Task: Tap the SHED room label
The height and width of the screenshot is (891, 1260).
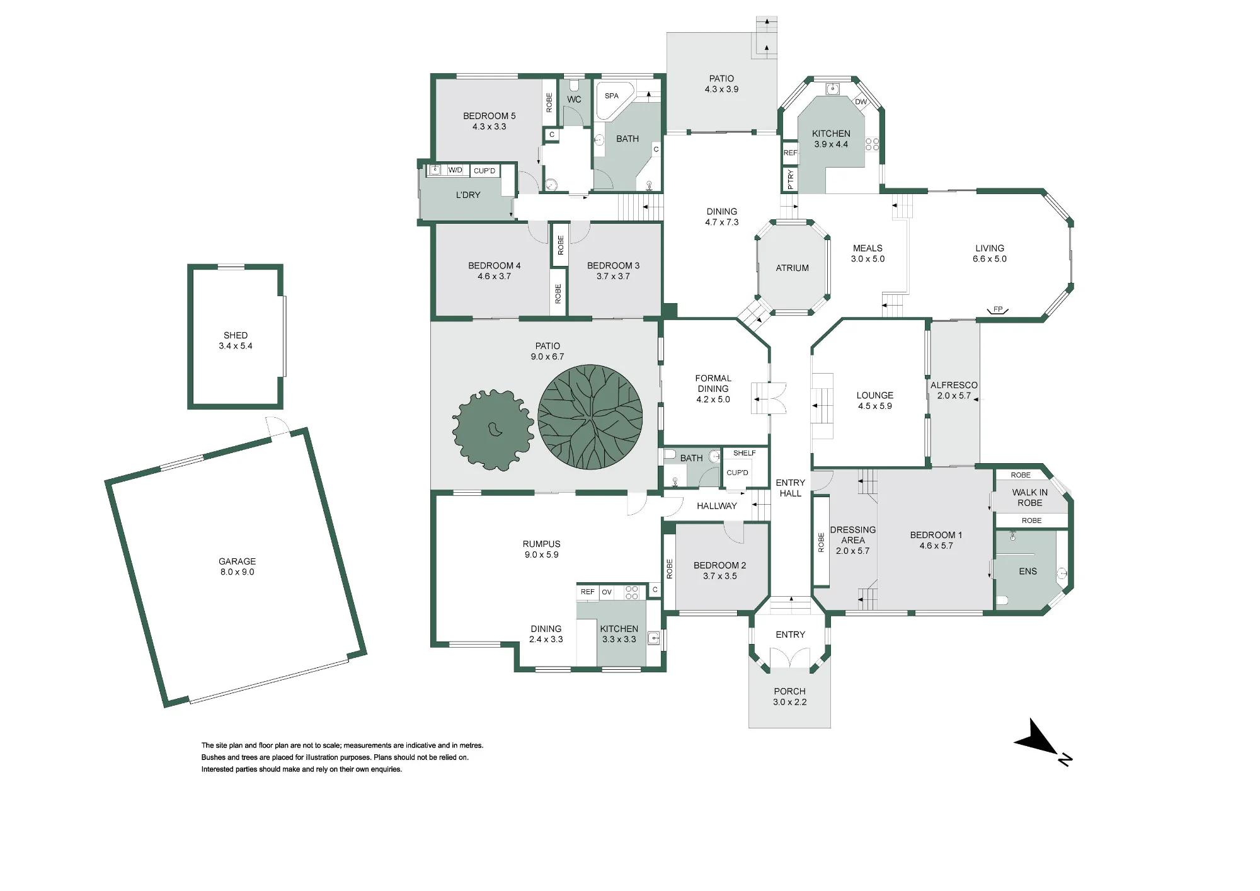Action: click(x=236, y=335)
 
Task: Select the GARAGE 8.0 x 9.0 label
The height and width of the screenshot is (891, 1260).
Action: click(x=237, y=566)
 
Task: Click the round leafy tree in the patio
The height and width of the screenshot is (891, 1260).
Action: click(x=590, y=417)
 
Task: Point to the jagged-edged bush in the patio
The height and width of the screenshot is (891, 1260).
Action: click(x=493, y=430)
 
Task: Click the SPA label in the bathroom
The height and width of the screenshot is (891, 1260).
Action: click(x=612, y=96)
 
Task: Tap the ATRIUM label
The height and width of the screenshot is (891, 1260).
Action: click(x=793, y=268)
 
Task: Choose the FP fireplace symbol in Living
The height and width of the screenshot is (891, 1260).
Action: click(x=998, y=309)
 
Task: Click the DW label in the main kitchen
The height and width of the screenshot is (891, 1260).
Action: click(x=861, y=101)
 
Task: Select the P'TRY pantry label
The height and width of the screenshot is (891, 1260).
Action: click(x=791, y=180)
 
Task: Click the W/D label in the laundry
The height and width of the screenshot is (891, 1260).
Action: click(x=455, y=170)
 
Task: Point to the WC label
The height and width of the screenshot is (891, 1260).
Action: click(x=574, y=100)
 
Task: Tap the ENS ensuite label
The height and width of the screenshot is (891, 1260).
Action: click(x=1028, y=572)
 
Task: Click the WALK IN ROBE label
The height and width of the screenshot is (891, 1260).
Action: click(x=1030, y=498)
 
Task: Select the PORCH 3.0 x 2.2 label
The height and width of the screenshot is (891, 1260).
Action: click(x=790, y=696)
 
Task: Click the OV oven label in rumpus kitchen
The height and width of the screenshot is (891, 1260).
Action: click(x=607, y=592)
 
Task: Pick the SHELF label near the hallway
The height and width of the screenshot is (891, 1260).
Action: click(x=745, y=453)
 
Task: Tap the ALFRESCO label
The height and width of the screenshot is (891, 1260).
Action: click(x=954, y=385)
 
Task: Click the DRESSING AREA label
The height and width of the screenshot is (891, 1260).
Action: click(x=853, y=535)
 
